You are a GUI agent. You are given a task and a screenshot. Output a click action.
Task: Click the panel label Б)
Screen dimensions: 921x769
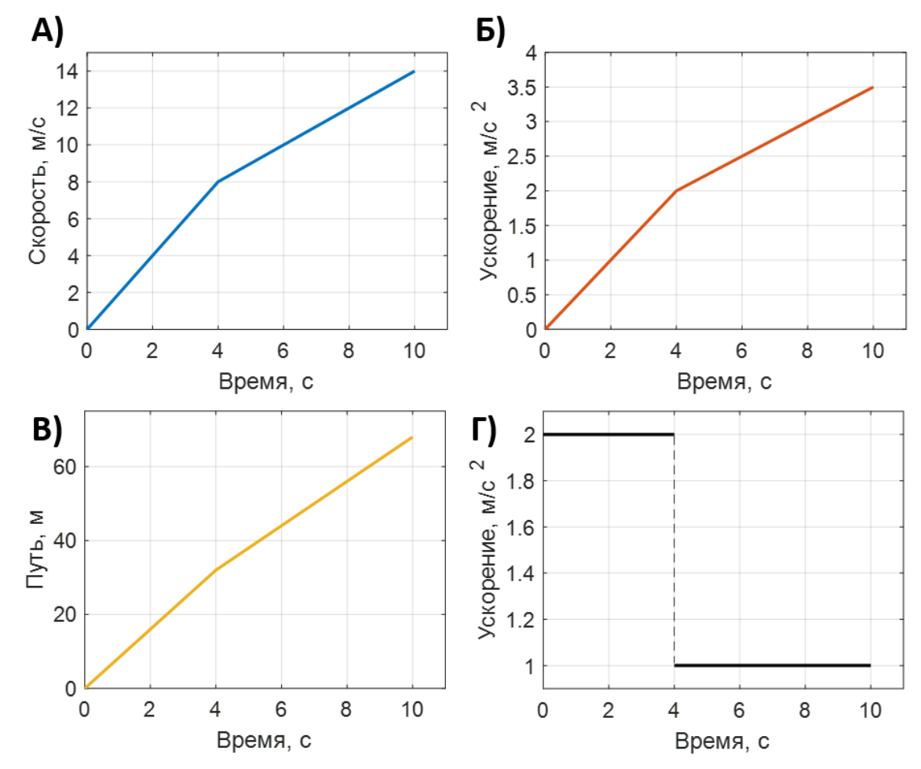(491, 31)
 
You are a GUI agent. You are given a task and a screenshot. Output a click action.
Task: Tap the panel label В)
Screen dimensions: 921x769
(47, 430)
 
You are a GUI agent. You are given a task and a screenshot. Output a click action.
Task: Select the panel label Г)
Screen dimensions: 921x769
(484, 430)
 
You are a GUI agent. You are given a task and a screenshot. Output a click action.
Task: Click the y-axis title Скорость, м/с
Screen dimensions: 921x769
(37, 191)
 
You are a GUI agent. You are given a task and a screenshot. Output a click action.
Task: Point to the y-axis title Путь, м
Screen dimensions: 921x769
(36, 549)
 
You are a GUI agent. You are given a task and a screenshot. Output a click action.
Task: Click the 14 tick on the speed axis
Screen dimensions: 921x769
(67, 71)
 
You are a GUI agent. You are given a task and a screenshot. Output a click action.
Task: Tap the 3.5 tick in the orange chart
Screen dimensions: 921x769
(521, 87)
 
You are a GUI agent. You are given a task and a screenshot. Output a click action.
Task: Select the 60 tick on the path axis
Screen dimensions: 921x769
(64, 467)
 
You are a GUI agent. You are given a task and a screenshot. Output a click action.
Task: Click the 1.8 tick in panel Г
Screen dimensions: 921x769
(521, 482)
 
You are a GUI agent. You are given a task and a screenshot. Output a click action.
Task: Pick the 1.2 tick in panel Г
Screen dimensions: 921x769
(521, 620)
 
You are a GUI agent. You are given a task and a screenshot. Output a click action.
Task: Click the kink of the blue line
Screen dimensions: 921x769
(218, 182)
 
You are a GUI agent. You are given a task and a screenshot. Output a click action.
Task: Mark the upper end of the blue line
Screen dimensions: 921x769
(414, 71)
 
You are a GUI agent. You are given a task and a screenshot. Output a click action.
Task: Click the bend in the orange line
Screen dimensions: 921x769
(676, 191)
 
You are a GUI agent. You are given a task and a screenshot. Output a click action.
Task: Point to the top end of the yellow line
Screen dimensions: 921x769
(411, 438)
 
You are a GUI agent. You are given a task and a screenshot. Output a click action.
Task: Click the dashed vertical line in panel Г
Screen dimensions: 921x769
(674, 550)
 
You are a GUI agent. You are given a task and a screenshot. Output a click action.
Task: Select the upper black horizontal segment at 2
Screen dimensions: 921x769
(609, 434)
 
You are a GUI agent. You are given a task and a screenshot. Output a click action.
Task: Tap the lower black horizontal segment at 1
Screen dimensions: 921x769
(773, 665)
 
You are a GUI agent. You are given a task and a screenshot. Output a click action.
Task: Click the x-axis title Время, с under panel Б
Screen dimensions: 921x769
(724, 382)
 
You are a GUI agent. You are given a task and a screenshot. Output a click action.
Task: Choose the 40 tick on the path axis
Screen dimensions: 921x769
(64, 541)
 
